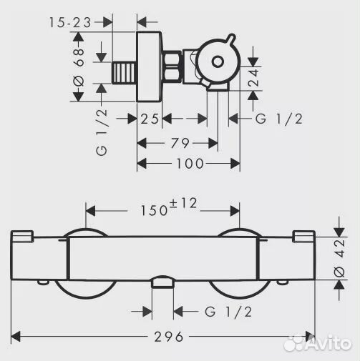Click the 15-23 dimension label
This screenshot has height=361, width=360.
tap(70, 22)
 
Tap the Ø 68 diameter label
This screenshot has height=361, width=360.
tap(79, 67)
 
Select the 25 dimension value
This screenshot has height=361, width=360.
tap(150, 119)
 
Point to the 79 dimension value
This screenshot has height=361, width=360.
tap(180, 143)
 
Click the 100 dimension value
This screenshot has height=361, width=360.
tap(190, 164)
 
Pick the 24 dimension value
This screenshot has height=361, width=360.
tap(253, 77)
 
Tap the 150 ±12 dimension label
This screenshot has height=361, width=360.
tap(169, 207)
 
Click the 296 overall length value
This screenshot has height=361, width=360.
tap(169, 337)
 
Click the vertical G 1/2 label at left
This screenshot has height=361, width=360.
tap(102, 132)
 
